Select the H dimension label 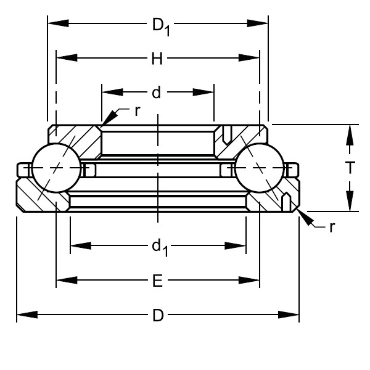click(x=157, y=59)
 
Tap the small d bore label click(x=157, y=92)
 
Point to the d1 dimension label click(x=159, y=247)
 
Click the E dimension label click(x=157, y=281)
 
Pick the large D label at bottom click(x=158, y=316)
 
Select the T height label click(x=350, y=168)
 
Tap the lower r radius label click(x=332, y=226)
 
